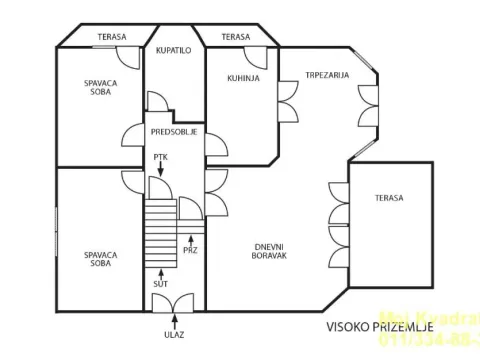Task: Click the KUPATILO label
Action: [174, 48]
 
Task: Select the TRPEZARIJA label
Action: [328, 74]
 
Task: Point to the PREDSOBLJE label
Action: [174, 131]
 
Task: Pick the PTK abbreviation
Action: [160, 158]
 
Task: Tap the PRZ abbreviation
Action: [190, 250]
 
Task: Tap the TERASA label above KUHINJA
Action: [235, 37]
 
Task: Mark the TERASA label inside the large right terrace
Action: [389, 198]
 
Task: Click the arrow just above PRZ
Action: [190, 237]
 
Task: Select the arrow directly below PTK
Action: [160, 173]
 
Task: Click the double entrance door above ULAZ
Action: [175, 302]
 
